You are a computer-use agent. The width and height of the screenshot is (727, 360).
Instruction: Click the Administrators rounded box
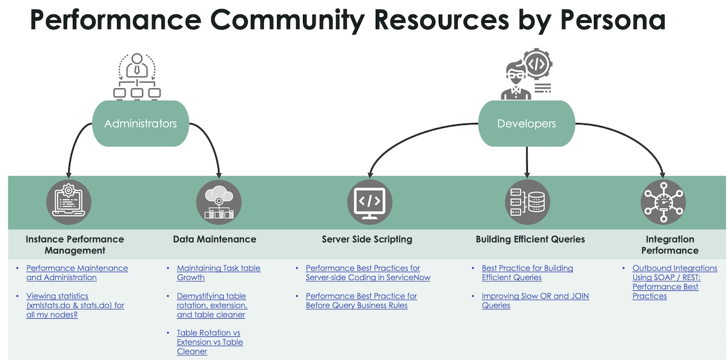click(141, 124)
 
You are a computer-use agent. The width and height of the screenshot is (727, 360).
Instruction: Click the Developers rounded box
click(526, 124)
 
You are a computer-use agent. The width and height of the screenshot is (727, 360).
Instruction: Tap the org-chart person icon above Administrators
click(137, 76)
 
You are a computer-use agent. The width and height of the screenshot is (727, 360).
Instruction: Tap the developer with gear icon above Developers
click(526, 75)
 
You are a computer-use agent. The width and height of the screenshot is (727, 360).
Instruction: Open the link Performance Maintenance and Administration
click(77, 273)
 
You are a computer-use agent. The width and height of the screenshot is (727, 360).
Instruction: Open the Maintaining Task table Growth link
click(218, 273)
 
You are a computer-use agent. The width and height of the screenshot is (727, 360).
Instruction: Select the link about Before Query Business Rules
click(361, 301)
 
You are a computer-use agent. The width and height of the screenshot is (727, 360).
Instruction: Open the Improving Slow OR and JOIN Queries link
click(535, 301)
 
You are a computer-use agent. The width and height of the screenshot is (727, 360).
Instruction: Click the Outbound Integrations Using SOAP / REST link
click(674, 282)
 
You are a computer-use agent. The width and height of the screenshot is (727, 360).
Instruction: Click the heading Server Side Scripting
click(367, 239)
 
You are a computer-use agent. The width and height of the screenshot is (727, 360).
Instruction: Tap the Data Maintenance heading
click(214, 239)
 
